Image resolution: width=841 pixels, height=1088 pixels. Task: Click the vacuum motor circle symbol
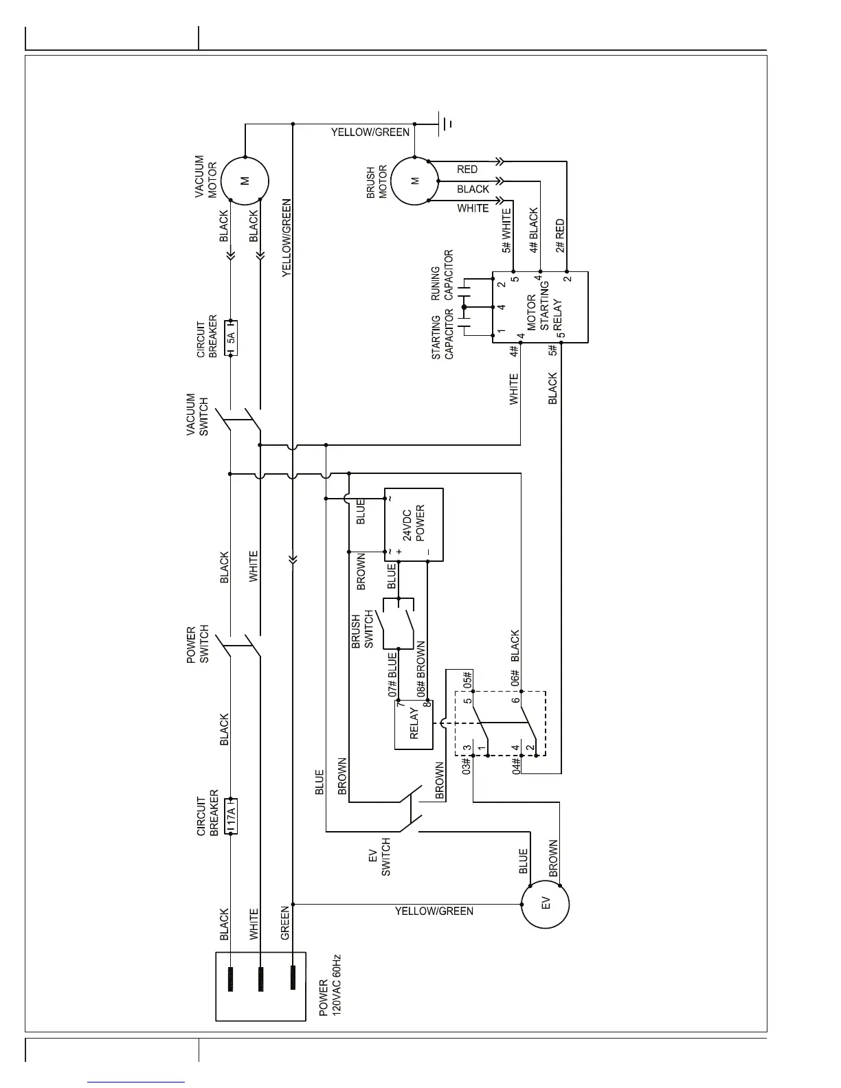point(245,181)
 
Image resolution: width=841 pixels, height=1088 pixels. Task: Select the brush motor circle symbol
point(414,181)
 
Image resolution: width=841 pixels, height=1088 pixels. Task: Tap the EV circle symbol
point(546,905)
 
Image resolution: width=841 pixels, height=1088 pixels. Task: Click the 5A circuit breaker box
point(231,337)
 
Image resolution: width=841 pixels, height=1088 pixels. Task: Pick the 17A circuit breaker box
point(231,816)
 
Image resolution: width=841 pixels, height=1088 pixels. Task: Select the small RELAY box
point(413,725)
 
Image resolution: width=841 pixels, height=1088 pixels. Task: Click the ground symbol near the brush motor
point(447,124)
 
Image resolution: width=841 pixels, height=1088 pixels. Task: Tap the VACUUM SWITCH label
point(197,414)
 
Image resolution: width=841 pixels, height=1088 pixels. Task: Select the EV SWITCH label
point(379,856)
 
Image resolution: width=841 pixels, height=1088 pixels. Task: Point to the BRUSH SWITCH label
point(361,630)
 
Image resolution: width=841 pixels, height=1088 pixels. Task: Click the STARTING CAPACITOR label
point(442,337)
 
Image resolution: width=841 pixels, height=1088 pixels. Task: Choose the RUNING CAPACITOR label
point(442,275)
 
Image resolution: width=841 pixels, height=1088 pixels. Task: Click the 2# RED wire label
point(560,236)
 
